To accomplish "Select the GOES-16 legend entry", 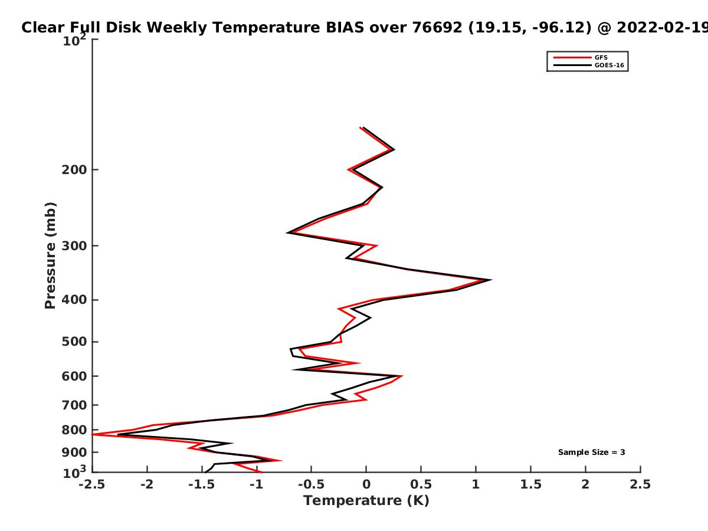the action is click(x=589, y=65).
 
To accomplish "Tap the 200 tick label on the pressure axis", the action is click(x=74, y=170).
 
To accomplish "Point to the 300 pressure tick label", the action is click(x=74, y=246).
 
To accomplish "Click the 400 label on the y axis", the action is click(x=74, y=300).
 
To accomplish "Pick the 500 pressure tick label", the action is click(x=74, y=342).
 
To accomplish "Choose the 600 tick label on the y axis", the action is click(x=74, y=376).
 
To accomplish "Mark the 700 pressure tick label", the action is click(x=74, y=405).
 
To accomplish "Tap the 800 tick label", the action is click(x=74, y=430).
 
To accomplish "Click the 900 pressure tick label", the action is click(x=74, y=453).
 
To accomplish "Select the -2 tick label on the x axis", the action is click(x=147, y=484).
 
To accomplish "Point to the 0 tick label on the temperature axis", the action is click(x=366, y=484).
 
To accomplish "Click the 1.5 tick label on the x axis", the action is click(x=530, y=484).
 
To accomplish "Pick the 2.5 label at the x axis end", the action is click(x=640, y=484).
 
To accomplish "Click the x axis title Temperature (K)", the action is click(x=366, y=501).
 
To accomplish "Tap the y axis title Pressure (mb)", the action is click(x=50, y=255).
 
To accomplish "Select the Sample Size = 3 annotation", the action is click(x=592, y=453).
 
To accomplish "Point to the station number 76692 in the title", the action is click(x=437, y=28).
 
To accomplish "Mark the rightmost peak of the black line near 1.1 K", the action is click(x=491, y=280).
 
